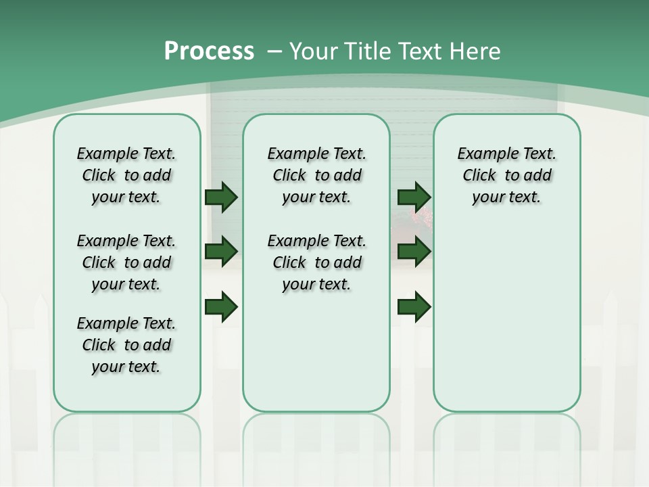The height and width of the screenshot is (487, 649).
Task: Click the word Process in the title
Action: (x=209, y=51)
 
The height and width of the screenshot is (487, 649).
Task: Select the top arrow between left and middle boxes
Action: (x=221, y=198)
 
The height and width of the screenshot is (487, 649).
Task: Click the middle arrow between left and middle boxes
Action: (x=221, y=252)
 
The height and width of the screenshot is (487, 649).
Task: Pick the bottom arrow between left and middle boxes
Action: (x=221, y=306)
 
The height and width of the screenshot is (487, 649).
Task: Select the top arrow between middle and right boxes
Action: (x=414, y=198)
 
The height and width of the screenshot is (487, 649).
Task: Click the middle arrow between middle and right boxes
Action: (x=414, y=252)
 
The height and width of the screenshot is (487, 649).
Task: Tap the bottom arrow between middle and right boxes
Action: (x=414, y=306)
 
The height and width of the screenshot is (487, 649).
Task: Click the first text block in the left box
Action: (x=126, y=175)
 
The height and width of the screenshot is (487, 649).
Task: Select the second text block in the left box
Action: (x=126, y=262)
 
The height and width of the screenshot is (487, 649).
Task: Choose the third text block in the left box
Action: (x=126, y=345)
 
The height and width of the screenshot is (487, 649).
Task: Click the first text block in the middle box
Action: (x=317, y=175)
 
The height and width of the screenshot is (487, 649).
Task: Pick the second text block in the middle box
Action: (x=317, y=262)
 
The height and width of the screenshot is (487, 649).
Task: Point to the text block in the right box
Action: (x=507, y=175)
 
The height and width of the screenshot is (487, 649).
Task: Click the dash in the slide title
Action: (x=274, y=51)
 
